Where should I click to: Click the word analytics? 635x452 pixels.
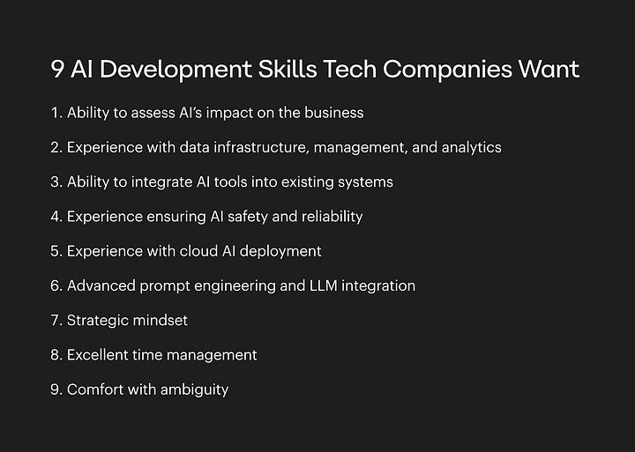tap(471, 147)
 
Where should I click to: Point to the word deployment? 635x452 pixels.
tap(280, 251)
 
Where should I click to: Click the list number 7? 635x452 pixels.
tap(56, 320)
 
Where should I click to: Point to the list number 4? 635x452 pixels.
tap(56, 216)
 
